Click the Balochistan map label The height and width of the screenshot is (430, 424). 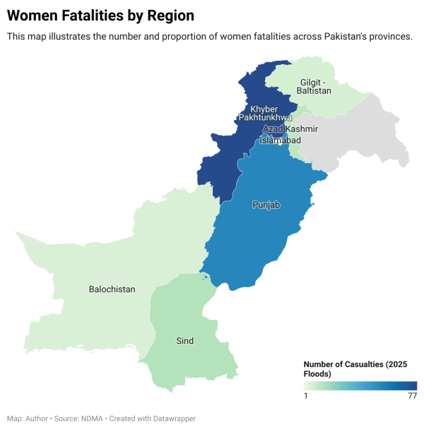point(112,289)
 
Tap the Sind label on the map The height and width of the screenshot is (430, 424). point(184,341)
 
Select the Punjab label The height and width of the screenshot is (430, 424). point(266,205)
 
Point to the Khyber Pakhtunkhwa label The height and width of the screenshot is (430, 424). point(264,113)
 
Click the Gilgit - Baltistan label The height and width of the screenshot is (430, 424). point(314,86)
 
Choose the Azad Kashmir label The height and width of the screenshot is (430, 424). point(290,129)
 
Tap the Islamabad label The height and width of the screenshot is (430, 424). point(280,141)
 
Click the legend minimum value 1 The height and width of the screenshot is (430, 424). point(306,396)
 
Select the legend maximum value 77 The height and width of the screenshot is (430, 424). point(411,396)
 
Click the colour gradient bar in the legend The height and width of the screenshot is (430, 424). point(360,386)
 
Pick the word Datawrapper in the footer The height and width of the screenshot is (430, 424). point(174,419)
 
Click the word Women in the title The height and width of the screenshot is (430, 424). point(32,15)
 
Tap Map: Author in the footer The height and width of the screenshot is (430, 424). point(26,419)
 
